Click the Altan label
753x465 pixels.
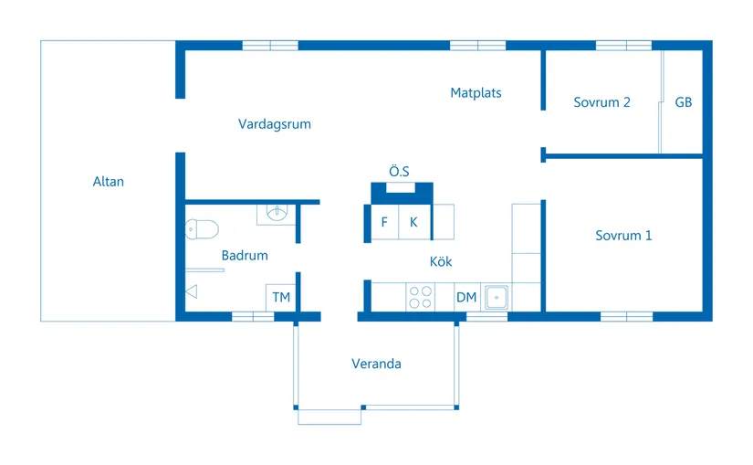[108, 181]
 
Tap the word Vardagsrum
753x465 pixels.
[274, 124]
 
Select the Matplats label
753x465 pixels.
[476, 93]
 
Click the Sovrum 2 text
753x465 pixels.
[601, 102]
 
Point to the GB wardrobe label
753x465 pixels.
[684, 102]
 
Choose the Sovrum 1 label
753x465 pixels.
[623, 235]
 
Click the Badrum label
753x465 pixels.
[245, 256]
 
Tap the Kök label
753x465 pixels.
[440, 261]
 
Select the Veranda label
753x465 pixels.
[376, 364]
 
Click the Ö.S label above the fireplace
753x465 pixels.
[399, 171]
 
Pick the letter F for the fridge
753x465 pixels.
[384, 222]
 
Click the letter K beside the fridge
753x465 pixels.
[413, 222]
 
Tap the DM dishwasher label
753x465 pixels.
[466, 297]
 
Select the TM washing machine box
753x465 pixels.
[281, 298]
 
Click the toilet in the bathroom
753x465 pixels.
[202, 229]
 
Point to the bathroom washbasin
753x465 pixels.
[277, 213]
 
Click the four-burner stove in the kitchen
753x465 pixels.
[420, 297]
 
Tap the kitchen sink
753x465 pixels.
[497, 297]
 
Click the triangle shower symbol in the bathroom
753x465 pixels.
[192, 291]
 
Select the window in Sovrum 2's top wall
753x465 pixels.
[623, 46]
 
